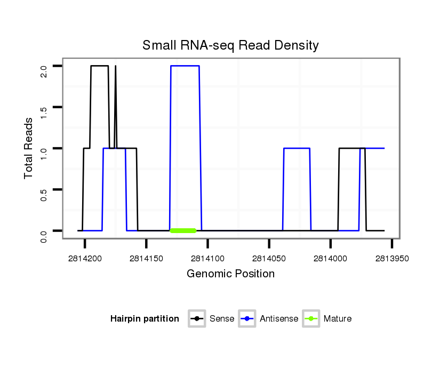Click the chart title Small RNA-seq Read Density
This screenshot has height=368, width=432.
coord(230,45)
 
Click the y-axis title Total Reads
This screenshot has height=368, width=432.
coord(30,148)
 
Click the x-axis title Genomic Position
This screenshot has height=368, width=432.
coord(230,274)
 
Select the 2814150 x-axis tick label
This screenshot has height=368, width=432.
coord(146,258)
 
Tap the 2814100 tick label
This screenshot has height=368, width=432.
coord(207,258)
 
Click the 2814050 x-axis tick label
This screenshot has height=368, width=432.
coord(269,258)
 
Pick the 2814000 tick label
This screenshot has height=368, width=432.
coord(331,258)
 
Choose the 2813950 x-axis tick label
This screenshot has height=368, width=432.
coord(392,258)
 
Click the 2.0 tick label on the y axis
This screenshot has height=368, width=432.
coord(44,66)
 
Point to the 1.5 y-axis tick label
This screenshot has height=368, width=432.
coord(44,107)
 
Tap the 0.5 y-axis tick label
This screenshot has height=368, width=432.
coord(44,189)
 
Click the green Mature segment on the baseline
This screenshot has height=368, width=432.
coord(183,230)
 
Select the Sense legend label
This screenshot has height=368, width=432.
coord(222,319)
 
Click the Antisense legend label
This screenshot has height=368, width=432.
coord(279,319)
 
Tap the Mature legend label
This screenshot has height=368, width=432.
coord(338,319)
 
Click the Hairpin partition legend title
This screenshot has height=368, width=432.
coord(145,319)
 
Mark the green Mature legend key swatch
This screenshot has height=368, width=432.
coord(311,319)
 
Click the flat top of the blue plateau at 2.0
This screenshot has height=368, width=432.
coord(185,66)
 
